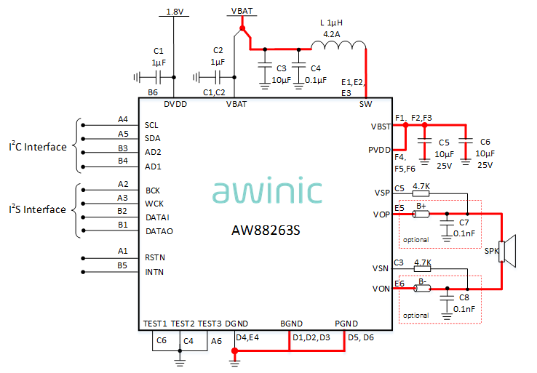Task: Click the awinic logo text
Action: click(x=267, y=191)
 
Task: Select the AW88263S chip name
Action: click(x=266, y=230)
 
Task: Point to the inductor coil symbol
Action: click(x=338, y=46)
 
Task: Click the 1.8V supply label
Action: click(x=175, y=12)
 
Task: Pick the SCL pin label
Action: click(x=151, y=125)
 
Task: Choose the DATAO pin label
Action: click(x=159, y=231)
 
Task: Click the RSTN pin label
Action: click(x=155, y=257)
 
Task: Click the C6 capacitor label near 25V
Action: click(x=485, y=143)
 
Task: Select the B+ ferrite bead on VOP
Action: click(x=421, y=214)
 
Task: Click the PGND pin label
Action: click(x=347, y=324)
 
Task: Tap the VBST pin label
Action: click(x=381, y=127)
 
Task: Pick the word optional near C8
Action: click(x=415, y=316)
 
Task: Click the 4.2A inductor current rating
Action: click(x=331, y=33)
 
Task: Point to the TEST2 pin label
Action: click(x=182, y=324)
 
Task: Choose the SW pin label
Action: click(x=366, y=104)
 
